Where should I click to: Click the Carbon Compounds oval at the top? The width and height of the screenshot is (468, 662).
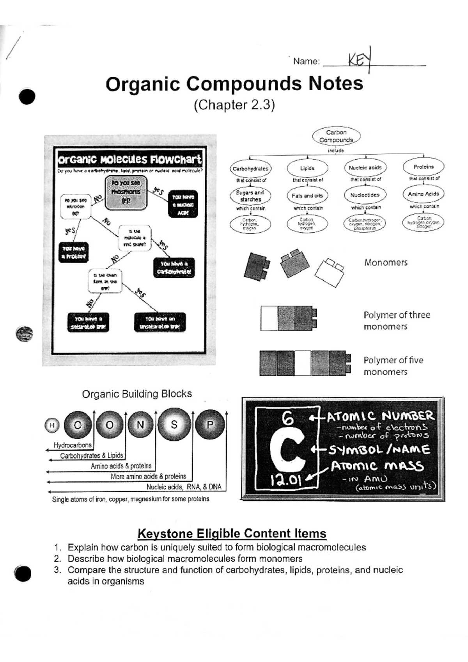click(x=336, y=136)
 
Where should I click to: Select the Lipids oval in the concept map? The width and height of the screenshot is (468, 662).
click(x=307, y=168)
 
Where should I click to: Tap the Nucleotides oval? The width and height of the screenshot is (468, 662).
click(x=365, y=195)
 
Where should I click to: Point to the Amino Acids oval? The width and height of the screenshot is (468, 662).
click(x=423, y=194)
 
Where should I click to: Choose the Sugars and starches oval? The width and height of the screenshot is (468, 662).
click(x=250, y=196)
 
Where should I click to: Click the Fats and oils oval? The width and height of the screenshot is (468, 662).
click(x=307, y=196)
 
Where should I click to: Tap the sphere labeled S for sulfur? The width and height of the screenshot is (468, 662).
click(x=174, y=425)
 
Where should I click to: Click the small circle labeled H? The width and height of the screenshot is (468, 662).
click(x=51, y=425)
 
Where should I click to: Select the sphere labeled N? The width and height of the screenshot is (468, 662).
click(x=140, y=425)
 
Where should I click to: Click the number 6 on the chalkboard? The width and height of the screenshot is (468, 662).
click(x=287, y=419)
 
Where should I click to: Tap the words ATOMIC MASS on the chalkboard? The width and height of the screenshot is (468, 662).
click(x=377, y=466)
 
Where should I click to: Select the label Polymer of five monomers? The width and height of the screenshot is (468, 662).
click(x=393, y=366)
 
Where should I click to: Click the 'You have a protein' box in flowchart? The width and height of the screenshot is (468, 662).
click(x=73, y=252)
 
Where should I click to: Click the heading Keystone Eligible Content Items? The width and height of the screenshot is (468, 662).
click(x=232, y=533)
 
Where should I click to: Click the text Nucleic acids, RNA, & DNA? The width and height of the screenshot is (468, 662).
click(x=184, y=487)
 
